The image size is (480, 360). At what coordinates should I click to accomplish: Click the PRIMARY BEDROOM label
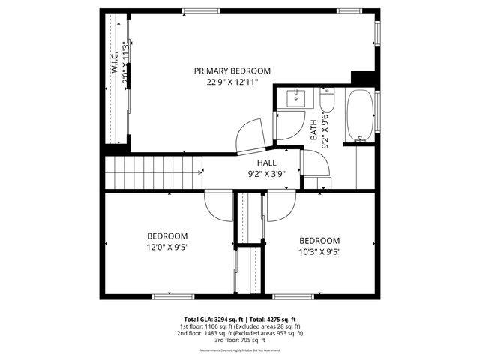pyautogui.click(x=232, y=70)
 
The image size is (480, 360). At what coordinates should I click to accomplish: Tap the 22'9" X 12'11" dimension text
pyautogui.click(x=232, y=82)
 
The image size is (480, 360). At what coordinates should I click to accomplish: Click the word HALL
pyautogui.click(x=267, y=163)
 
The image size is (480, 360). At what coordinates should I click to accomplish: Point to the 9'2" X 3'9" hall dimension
pyautogui.click(x=267, y=174)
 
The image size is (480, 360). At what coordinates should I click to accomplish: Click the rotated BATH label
pyautogui.click(x=314, y=130)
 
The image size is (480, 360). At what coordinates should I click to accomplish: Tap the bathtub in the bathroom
pyautogui.click(x=361, y=115)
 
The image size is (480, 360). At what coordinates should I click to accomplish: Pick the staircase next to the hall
pyautogui.click(x=154, y=173)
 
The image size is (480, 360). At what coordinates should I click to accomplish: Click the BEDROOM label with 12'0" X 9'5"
pyautogui.click(x=167, y=235)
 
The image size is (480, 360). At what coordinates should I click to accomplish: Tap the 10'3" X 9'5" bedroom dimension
pyautogui.click(x=319, y=252)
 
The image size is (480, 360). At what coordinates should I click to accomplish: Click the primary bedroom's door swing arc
pyautogui.click(x=251, y=137)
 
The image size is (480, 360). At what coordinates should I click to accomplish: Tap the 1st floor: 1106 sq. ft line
pyautogui.click(x=239, y=326)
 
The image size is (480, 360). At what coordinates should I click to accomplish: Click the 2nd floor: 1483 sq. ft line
pyautogui.click(x=241, y=333)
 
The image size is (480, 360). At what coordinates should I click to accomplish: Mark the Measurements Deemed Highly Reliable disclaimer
pyautogui.click(x=240, y=350)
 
